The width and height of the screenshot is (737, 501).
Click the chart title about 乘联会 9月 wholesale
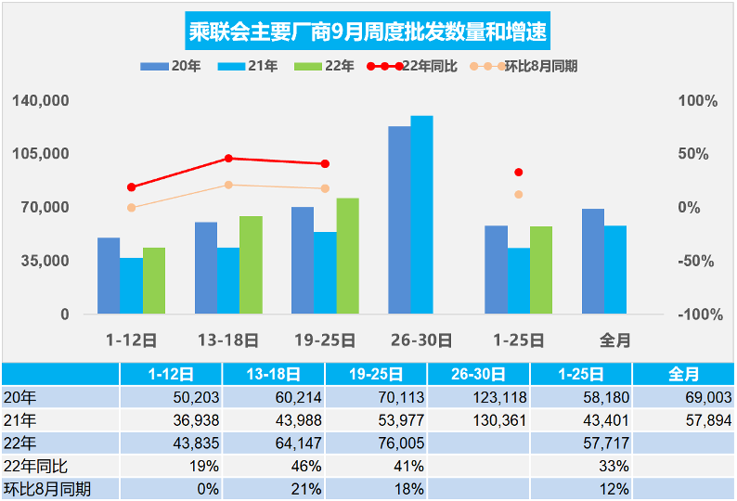coord(368,33)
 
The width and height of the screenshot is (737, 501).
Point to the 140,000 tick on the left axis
coord(41,100)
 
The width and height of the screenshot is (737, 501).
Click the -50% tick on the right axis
coord(698,261)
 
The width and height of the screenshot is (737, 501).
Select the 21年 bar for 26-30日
coord(421,215)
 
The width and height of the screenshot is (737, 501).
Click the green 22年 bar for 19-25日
coord(347,256)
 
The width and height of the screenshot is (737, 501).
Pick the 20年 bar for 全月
coord(593,262)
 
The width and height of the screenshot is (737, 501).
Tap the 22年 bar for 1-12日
coord(154,280)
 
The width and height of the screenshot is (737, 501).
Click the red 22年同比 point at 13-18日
coord(229,159)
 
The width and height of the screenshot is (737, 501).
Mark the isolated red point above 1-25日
coord(518,173)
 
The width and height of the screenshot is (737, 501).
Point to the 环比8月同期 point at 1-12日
coord(132,208)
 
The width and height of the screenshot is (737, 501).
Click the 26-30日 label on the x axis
coord(421,340)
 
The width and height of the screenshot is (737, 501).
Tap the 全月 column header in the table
coord(683,374)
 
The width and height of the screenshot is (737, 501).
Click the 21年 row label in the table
coord(17,420)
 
